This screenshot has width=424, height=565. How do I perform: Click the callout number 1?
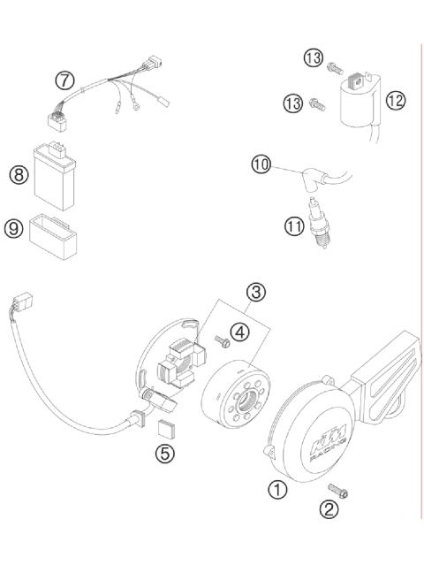[277, 488]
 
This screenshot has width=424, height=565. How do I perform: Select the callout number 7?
[64, 80]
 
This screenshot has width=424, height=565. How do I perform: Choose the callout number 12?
[395, 101]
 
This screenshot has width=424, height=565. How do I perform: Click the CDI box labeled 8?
[56, 171]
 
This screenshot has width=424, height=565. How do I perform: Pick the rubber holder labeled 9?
[55, 232]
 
